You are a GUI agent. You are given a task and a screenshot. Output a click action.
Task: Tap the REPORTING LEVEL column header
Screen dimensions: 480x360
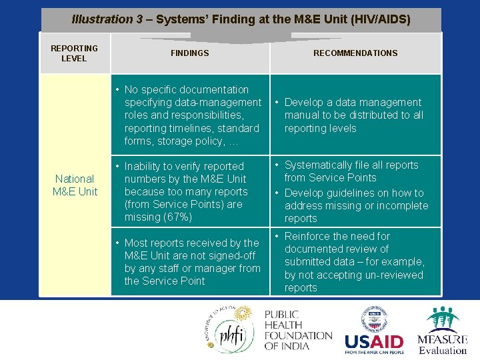74,53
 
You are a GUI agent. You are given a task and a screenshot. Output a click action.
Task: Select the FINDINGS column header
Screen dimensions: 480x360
189,53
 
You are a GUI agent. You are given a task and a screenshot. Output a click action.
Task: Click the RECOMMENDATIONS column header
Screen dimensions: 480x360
355,53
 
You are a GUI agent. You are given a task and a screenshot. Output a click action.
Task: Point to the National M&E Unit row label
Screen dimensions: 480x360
75,185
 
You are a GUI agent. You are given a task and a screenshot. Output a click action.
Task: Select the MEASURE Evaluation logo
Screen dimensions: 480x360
443,331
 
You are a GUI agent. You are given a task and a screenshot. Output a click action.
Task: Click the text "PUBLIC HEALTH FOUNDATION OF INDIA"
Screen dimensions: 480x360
298,331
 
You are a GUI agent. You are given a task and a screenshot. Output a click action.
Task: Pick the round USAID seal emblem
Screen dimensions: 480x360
373,319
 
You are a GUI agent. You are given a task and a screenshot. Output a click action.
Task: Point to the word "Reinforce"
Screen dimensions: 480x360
308,236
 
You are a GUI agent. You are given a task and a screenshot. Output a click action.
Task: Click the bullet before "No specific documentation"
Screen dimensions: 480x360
117,89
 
